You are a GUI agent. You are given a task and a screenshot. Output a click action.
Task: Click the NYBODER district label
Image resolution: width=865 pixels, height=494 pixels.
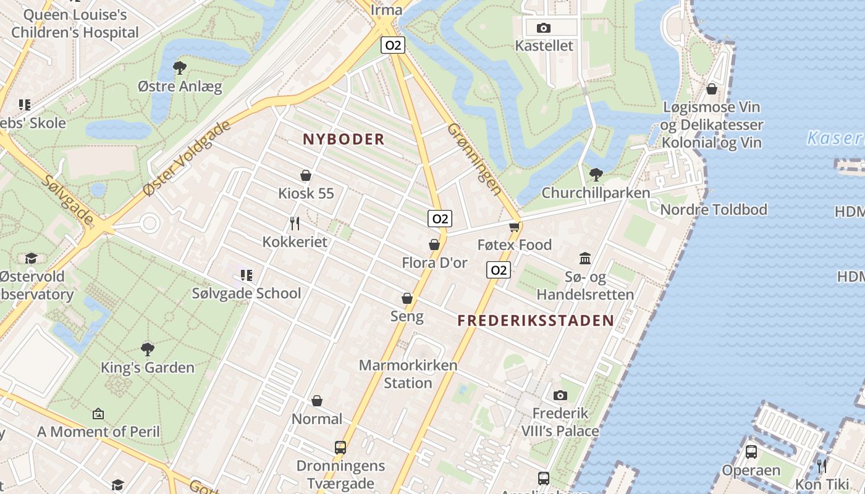point(344,140)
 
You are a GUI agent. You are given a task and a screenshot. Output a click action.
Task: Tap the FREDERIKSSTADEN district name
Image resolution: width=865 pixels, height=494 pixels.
point(536,320)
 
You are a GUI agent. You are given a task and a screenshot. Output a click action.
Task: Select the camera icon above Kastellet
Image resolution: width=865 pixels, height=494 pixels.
point(544,28)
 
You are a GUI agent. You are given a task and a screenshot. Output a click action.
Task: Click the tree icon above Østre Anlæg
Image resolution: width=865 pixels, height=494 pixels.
point(180,67)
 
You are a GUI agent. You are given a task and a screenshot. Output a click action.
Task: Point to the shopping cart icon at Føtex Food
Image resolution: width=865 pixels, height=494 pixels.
point(514,227)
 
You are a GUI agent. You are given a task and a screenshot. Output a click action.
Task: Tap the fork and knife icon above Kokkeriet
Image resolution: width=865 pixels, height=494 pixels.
point(295,223)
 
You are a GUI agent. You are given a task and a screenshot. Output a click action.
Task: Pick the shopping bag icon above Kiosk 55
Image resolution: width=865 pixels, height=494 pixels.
point(305,175)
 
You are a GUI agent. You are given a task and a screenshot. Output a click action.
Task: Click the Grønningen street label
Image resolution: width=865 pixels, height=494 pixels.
point(474,159)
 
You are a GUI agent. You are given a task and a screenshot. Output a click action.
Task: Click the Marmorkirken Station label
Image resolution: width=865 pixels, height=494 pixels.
point(408,374)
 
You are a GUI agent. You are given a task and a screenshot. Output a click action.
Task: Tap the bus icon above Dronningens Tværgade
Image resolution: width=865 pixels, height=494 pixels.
point(340,447)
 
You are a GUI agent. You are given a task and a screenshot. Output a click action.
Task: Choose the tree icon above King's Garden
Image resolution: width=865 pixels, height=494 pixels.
point(147,350)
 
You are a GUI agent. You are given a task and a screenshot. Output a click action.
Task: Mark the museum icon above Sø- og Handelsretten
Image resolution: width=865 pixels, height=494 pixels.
point(585,258)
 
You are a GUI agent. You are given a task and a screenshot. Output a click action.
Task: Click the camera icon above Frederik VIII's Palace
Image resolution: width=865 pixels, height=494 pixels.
point(560,395)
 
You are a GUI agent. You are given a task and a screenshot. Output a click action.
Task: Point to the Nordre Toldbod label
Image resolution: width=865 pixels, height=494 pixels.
point(714,210)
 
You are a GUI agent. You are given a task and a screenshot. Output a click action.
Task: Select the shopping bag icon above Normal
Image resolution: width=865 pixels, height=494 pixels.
point(317,401)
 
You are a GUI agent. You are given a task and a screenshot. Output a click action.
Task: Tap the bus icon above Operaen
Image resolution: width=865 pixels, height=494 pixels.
point(751,452)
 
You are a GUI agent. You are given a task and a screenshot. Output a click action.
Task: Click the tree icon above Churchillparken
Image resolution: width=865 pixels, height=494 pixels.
point(596,175)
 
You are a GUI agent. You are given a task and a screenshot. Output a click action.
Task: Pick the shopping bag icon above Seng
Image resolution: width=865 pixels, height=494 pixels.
point(407,299)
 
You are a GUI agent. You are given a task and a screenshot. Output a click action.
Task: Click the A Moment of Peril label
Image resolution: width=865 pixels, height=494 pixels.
point(98,432)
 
